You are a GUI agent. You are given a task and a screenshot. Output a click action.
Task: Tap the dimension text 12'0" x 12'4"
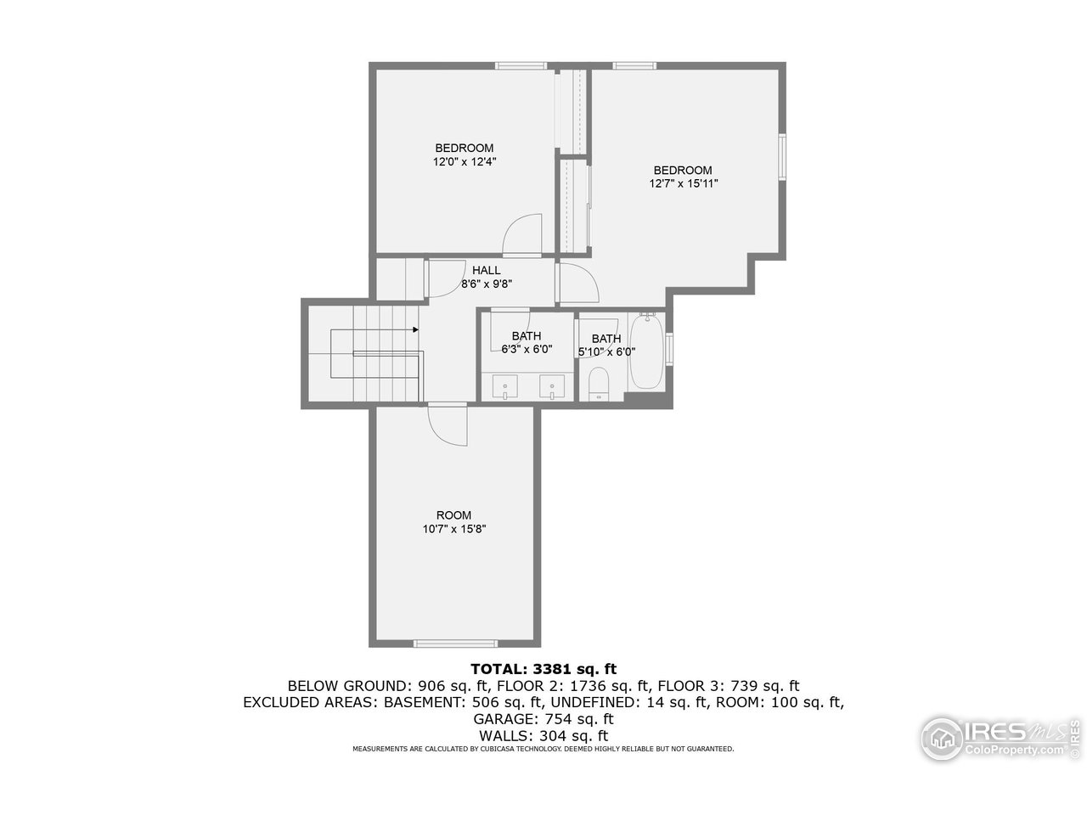point(465,161)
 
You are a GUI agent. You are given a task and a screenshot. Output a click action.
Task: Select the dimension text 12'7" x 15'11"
point(684,183)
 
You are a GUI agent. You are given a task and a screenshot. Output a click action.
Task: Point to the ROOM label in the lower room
point(453,515)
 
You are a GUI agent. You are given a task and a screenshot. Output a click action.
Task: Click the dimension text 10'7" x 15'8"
point(454,529)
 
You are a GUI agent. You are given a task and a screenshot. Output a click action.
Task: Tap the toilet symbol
point(599,384)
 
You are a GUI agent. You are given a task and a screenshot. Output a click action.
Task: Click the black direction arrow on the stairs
point(415,329)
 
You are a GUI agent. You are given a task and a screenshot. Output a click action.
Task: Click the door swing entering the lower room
point(447,422)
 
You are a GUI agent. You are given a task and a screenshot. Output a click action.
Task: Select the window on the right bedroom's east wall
point(783,155)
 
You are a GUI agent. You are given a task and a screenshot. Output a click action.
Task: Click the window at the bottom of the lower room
point(454,643)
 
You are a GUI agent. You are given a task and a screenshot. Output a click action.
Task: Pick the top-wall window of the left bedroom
point(521,65)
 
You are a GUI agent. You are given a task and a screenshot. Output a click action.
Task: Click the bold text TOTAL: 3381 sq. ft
point(543,669)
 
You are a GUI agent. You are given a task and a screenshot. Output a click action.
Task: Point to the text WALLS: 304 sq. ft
point(543,735)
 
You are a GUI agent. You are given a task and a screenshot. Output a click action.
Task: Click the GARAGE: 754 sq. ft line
point(543,718)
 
